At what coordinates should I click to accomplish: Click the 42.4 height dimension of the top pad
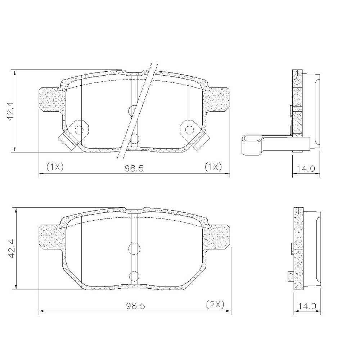(10, 111)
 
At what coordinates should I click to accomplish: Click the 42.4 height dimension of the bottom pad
(12, 248)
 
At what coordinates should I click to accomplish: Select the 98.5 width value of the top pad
(134, 168)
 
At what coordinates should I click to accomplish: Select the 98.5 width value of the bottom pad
(135, 306)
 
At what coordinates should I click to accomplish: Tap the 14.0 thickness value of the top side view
(306, 169)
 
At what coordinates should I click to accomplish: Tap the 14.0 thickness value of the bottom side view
(307, 306)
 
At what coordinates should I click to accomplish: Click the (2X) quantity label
(215, 304)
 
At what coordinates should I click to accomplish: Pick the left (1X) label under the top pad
(55, 166)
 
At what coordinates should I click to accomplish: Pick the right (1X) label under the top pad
(213, 166)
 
